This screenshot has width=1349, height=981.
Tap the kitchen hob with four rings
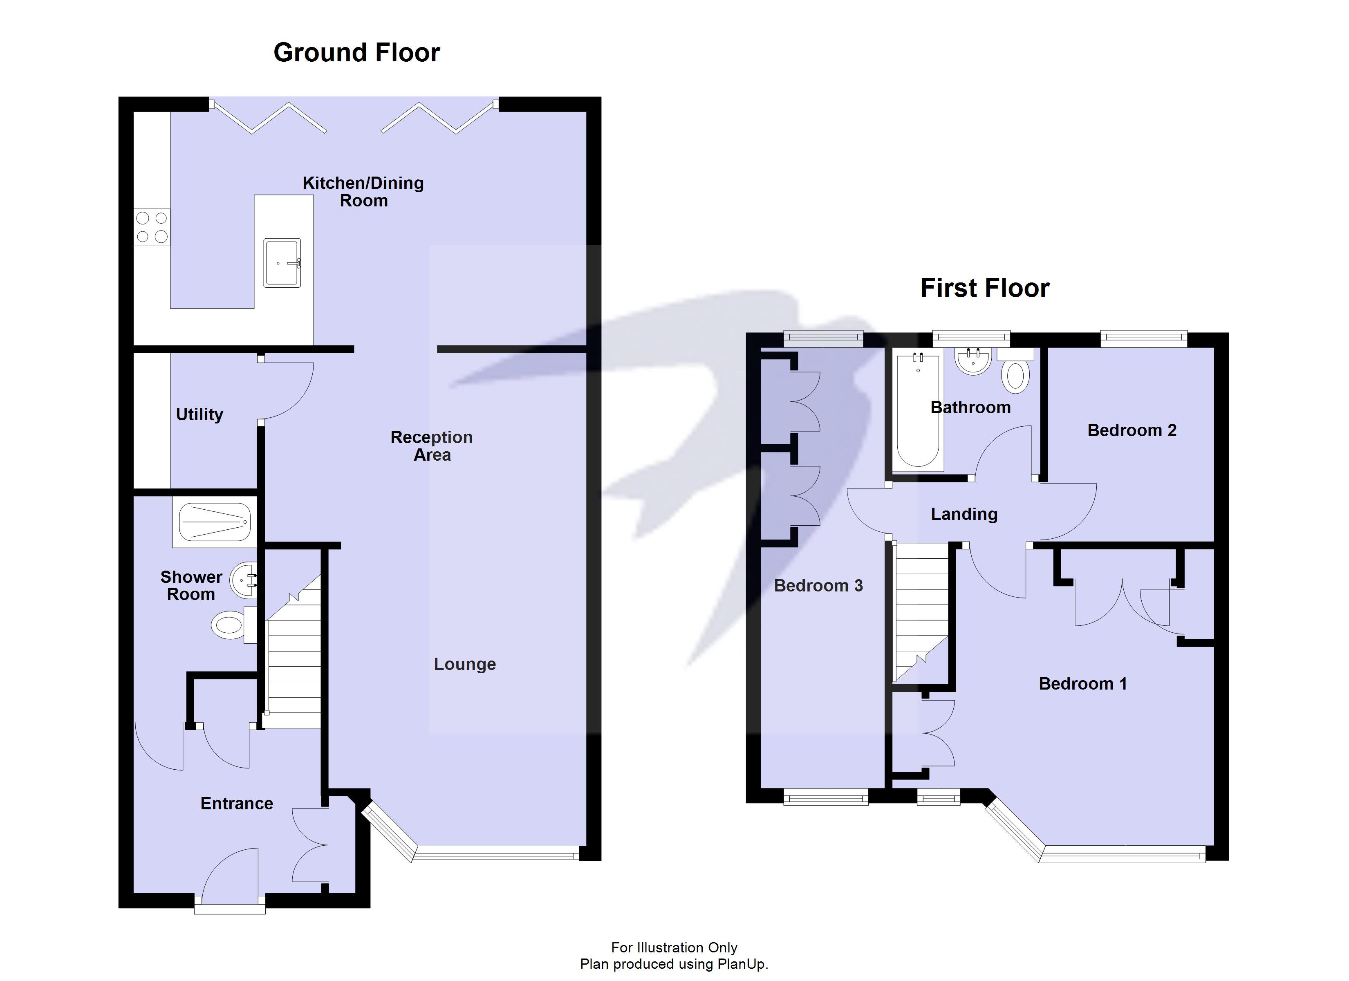(x=152, y=227)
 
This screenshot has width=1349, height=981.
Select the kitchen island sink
(x=282, y=262)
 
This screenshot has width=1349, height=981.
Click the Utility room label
(x=199, y=414)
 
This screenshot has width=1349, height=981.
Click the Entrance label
(x=237, y=803)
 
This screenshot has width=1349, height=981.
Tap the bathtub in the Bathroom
(x=918, y=410)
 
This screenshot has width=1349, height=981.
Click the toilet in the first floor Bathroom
(x=1016, y=375)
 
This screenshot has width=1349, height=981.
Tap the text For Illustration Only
(x=674, y=947)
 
